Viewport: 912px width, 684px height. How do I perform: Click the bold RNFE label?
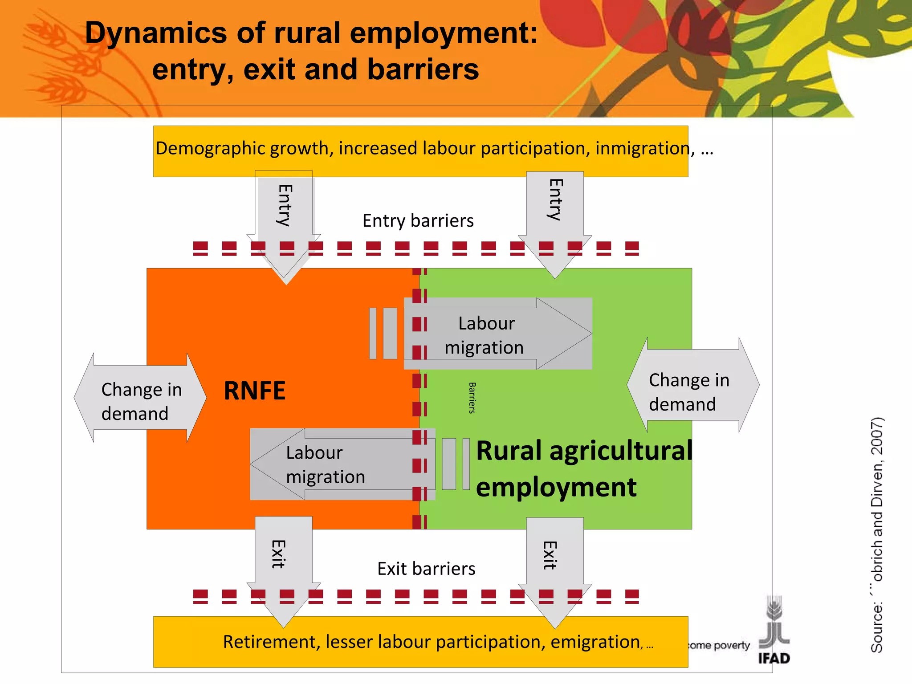[254, 391]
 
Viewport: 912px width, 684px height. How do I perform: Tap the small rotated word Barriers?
[472, 398]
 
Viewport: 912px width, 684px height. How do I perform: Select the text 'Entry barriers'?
[418, 221]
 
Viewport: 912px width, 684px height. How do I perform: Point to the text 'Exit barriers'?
[426, 569]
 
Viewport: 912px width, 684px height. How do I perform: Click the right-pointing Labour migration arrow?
[498, 334]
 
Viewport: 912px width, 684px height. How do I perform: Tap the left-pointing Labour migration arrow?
[342, 464]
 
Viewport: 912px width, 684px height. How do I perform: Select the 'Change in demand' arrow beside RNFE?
[140, 398]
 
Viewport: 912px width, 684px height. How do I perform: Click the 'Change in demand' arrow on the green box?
[693, 386]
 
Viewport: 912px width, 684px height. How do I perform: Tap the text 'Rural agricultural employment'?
[583, 468]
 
